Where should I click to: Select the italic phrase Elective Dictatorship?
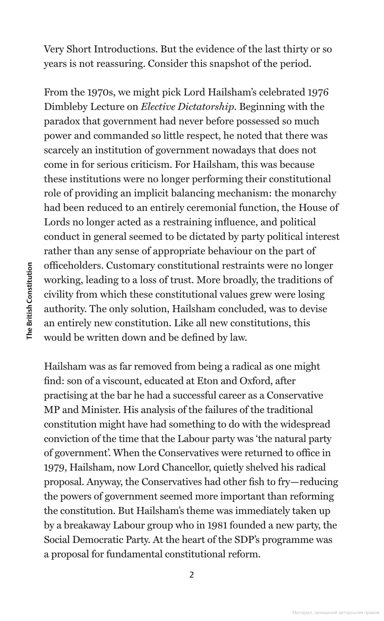click(x=187, y=107)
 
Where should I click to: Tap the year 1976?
click(x=318, y=92)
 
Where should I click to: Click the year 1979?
click(x=55, y=468)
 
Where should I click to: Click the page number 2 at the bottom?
click(x=192, y=575)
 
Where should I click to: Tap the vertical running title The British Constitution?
click(x=29, y=301)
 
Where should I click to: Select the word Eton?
click(x=207, y=381)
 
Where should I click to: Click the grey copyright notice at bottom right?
click(x=336, y=612)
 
